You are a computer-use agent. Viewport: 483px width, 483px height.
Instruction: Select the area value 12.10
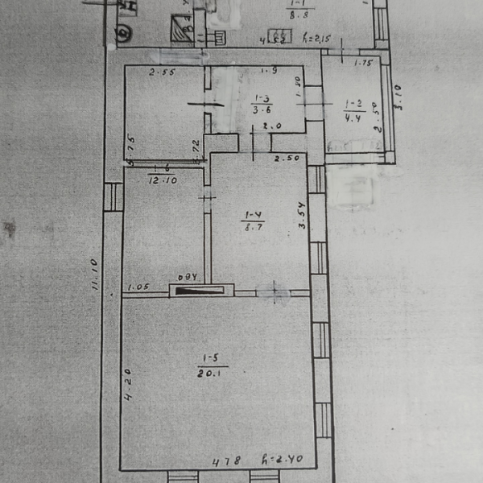[162, 180]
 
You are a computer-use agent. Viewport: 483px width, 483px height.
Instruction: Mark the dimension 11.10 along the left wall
[95, 274]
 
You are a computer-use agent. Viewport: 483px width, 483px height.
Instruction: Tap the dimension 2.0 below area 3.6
[271, 126]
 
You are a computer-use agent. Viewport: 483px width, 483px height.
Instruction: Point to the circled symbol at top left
[123, 33]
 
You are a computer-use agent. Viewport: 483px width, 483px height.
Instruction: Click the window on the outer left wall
[114, 197]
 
